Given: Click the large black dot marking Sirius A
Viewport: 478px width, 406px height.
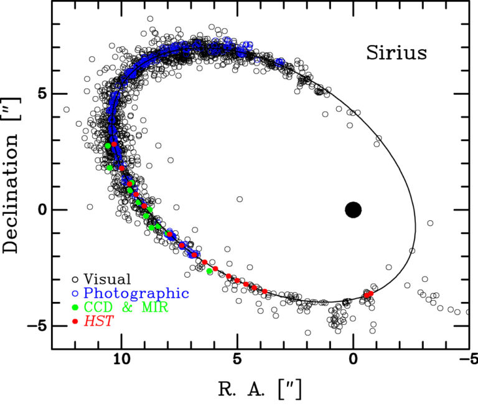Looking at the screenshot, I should point(353,210).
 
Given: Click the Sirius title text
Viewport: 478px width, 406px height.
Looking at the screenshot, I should point(396,53).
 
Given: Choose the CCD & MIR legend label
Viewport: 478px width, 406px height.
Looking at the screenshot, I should point(126,307).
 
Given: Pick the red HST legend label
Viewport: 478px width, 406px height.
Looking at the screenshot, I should point(96,322).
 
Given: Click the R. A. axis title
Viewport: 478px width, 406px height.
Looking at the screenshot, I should point(260,389).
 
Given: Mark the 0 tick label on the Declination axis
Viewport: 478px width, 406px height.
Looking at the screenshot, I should point(41,210).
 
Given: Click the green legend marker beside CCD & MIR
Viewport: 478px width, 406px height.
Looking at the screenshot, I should point(75,307).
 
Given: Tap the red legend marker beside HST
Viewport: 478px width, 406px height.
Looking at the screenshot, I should point(75,322).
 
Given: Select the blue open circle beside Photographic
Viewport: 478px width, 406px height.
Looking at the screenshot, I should point(75,293).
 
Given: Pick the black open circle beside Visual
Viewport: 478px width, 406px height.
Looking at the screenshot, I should point(75,279).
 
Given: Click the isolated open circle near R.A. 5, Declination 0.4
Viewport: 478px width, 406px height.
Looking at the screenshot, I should point(240,200).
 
